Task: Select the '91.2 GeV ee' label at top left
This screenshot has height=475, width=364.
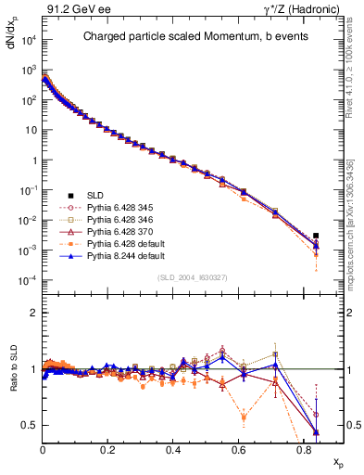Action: tap(72, 9)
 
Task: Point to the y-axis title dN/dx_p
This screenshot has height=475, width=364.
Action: tap(12, 42)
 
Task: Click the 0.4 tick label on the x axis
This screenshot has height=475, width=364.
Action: tap(173, 449)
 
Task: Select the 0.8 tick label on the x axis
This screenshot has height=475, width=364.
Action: tap(304, 449)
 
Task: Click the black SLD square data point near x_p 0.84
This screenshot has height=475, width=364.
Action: tap(316, 236)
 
